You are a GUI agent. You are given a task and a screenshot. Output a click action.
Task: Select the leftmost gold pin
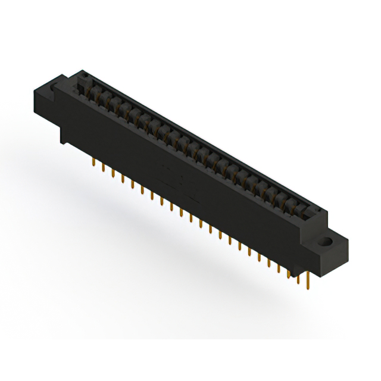point(95,163)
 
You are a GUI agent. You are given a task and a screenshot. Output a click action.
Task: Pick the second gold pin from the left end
point(104,168)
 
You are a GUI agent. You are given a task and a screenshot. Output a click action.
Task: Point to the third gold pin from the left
point(113,173)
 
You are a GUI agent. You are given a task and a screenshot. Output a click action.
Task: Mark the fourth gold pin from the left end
point(123,179)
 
